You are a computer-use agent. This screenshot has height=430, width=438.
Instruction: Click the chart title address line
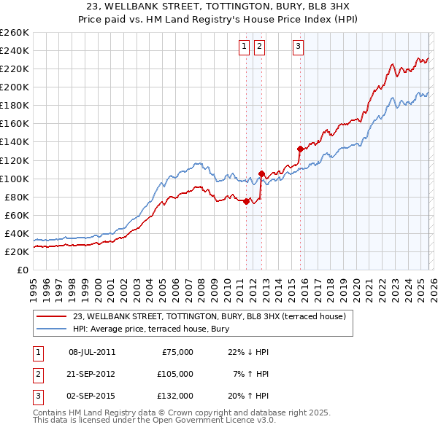pos(218,6)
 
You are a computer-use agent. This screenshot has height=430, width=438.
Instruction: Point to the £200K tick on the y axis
pos(15,87)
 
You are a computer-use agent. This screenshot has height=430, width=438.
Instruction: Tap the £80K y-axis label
pos(17,197)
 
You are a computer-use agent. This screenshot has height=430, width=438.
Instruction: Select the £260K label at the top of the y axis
pos(15,33)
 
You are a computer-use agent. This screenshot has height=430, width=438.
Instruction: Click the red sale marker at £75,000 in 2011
pos(246,202)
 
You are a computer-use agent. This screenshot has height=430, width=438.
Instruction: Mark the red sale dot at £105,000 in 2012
pos(261,173)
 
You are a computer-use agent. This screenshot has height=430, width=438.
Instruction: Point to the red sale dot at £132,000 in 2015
pos(300,149)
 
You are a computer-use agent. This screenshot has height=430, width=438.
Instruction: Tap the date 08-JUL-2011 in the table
pos(92,352)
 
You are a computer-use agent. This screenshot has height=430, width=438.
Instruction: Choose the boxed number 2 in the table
pos(36,374)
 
